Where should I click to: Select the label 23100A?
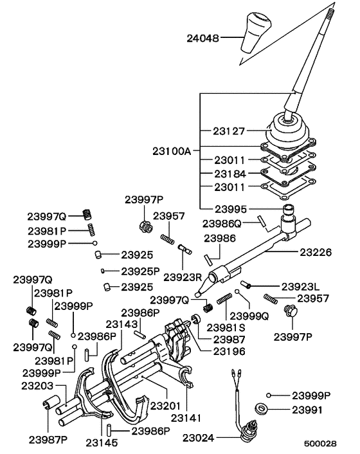click(x=172, y=152)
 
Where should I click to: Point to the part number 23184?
click(x=230, y=173)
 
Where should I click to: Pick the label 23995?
click(x=230, y=209)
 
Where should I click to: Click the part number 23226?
click(x=315, y=253)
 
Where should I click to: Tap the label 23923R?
click(x=183, y=277)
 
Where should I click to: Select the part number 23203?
click(x=37, y=385)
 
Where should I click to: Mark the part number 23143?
click(x=123, y=324)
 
